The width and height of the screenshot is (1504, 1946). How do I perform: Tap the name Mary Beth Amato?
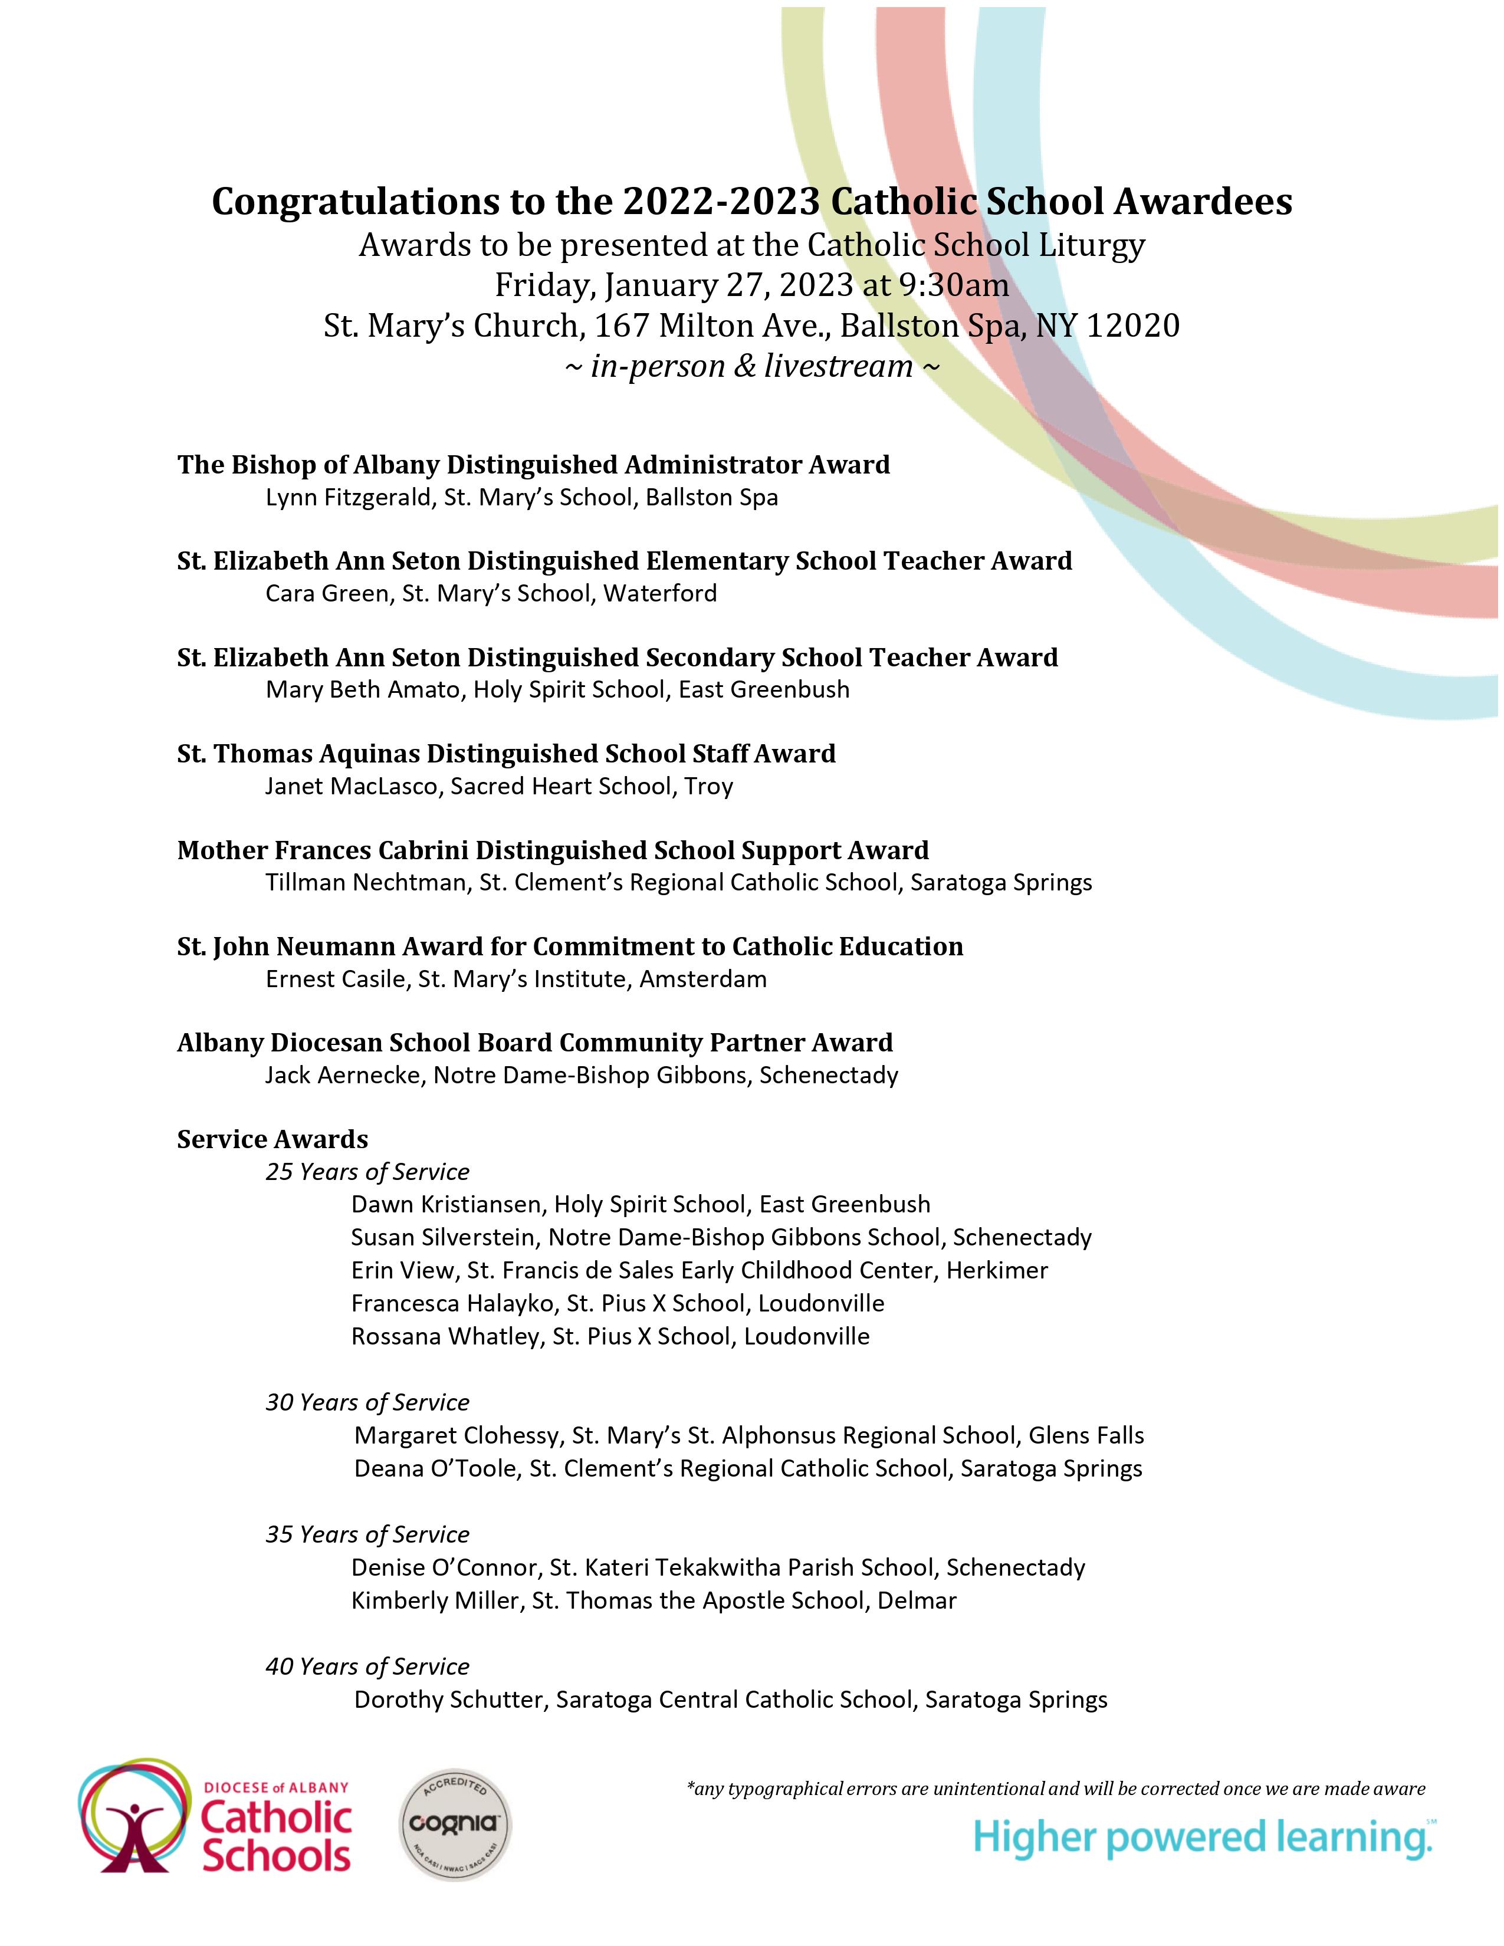pyautogui.click(x=363, y=690)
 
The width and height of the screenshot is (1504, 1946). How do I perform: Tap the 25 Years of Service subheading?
pyautogui.click(x=367, y=1172)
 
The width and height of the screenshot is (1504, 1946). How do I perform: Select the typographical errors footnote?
pyautogui.click(x=1056, y=1789)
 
